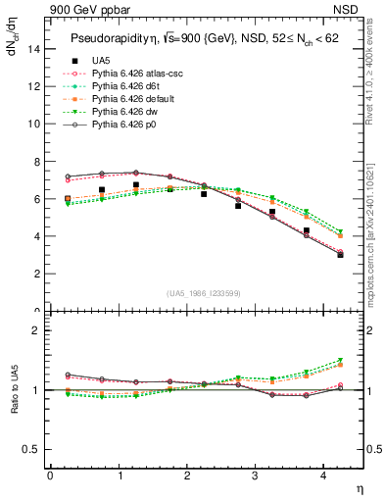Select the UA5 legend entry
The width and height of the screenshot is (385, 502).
101,61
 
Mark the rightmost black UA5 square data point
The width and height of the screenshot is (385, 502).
341,255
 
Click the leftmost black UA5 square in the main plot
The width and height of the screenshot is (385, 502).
68,199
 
